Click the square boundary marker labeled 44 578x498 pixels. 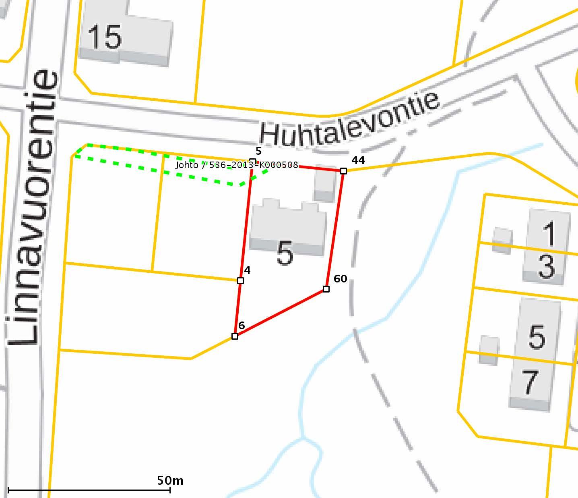pyautogui.click(x=343, y=171)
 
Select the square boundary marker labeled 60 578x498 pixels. pyautogui.click(x=326, y=289)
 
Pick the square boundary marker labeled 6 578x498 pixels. pyautogui.click(x=235, y=336)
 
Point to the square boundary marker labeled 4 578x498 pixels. pyautogui.click(x=240, y=280)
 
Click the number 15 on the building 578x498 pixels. pyautogui.click(x=104, y=37)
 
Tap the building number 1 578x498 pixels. pyautogui.click(x=549, y=234)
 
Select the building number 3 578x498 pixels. pyautogui.click(x=546, y=266)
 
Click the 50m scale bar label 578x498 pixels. pyautogui.click(x=170, y=480)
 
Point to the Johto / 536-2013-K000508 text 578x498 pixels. pyautogui.click(x=237, y=165)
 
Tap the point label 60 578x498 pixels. pyautogui.click(x=340, y=279)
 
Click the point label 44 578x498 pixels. pyautogui.click(x=358, y=160)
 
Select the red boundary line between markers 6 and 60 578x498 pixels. pyautogui.click(x=281, y=313)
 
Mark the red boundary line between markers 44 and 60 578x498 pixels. pyautogui.click(x=335, y=230)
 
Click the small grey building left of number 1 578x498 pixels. pyautogui.click(x=502, y=240)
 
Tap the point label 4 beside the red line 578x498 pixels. pyautogui.click(x=247, y=270)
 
